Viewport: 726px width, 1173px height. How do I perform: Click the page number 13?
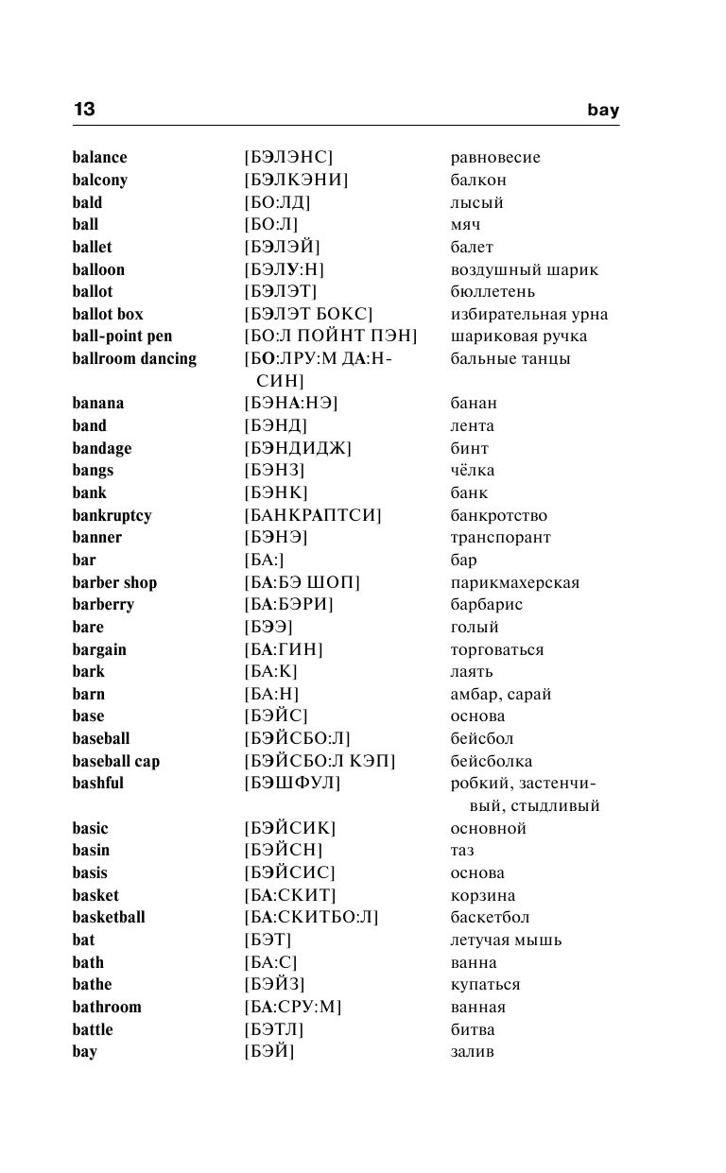84,110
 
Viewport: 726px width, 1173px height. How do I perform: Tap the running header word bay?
602,110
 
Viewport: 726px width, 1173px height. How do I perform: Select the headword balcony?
99,180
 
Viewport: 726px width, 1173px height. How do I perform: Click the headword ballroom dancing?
134,358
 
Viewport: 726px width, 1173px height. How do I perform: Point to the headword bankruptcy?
112,515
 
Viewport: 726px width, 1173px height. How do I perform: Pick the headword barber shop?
114,582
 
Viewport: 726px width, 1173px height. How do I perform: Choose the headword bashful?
97,783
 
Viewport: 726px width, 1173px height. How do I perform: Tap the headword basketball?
109,917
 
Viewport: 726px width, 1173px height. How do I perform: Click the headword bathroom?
107,1007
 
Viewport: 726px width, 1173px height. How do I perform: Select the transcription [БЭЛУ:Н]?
284,269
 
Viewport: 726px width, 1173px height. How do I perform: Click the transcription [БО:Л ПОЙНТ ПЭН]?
330,336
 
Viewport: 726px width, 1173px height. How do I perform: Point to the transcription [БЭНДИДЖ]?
297,448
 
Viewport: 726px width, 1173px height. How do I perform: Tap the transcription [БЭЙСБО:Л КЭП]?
320,761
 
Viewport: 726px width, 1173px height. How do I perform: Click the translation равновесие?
495,158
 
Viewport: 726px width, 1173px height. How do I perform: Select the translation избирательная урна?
529,314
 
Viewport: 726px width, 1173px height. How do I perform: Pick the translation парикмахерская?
515,582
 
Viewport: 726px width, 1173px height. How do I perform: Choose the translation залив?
473,1051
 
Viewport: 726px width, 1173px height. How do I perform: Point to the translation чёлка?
473,470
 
